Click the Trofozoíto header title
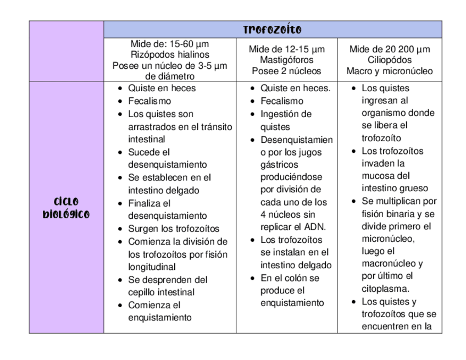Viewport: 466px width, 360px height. click(272, 30)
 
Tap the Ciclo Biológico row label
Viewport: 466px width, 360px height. click(66, 208)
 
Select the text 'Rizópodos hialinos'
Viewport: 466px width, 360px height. click(170, 54)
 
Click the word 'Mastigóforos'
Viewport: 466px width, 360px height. click(286, 60)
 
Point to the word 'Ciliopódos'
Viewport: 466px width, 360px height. click(390, 60)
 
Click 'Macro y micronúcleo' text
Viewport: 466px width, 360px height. click(390, 71)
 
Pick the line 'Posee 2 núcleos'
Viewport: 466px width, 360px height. click(286, 71)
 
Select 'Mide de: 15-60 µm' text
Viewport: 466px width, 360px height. click(170, 43)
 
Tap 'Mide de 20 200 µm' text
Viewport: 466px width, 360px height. click(390, 49)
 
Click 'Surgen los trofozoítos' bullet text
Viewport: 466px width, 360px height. click(174, 229)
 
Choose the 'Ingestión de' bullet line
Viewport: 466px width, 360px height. click(286, 114)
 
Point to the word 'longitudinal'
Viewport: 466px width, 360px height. click(152, 267)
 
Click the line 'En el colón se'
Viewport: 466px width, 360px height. click(290, 278)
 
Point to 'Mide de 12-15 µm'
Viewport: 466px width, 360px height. click(286, 49)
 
